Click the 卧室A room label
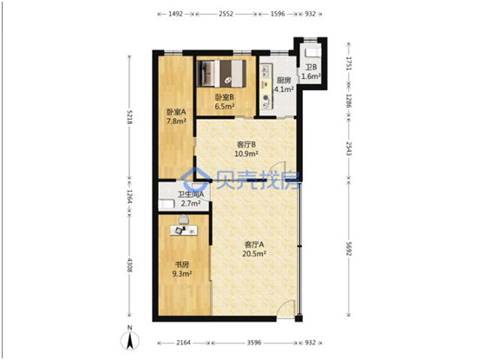coord(176,112)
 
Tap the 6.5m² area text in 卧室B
coord(225,107)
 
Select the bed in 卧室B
coord(221,73)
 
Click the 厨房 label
coord(284,81)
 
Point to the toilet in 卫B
coord(312,52)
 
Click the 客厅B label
coord(246,144)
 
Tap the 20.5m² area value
coord(254,254)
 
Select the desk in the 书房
coord(184,231)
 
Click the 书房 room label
coord(181,265)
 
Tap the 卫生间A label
coord(191,194)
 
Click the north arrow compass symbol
coord(130,340)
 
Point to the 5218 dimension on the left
coord(129,117)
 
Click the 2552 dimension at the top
coord(226,14)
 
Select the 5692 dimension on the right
coord(349,249)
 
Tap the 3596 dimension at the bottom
coord(254,343)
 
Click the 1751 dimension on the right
coord(349,63)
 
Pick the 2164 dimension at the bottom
coord(183,343)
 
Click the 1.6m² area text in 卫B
coord(312,76)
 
